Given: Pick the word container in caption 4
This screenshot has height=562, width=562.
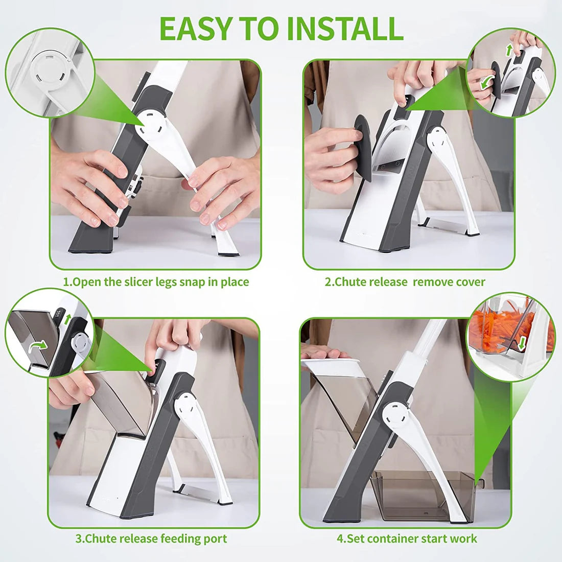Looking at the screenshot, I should coord(393,538).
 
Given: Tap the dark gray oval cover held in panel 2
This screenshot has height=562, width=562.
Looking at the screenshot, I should coord(364,148).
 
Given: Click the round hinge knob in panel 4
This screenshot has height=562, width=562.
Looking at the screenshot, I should coord(395,412).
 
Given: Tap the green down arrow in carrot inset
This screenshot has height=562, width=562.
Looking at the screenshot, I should coord(521,343).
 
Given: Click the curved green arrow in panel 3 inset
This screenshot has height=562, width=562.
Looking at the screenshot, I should coord(38,346).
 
